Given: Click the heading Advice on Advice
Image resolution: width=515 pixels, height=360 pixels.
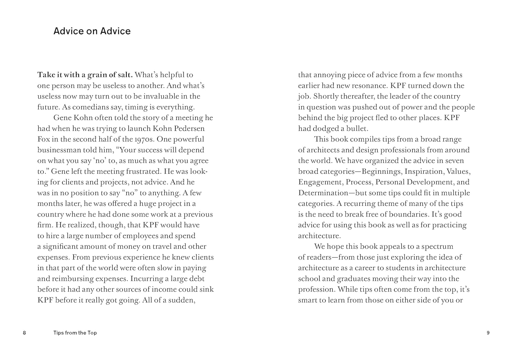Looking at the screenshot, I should click(x=92, y=31).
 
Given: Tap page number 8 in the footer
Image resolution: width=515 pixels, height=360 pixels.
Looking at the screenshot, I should click(x=24, y=333).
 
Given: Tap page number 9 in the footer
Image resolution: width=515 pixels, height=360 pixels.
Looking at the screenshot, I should click(x=488, y=333).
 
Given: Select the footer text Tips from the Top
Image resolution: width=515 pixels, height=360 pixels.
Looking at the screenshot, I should click(x=75, y=333).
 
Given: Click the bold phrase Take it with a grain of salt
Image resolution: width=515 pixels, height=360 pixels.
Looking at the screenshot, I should click(x=85, y=75).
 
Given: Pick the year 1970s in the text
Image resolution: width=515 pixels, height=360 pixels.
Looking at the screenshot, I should click(x=144, y=139).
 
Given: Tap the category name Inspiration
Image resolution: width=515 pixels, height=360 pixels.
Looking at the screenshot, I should click(x=424, y=171).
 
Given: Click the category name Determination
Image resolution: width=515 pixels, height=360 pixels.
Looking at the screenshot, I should click(x=319, y=193).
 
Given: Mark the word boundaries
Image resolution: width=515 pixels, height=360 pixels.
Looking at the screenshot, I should click(x=409, y=214).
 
